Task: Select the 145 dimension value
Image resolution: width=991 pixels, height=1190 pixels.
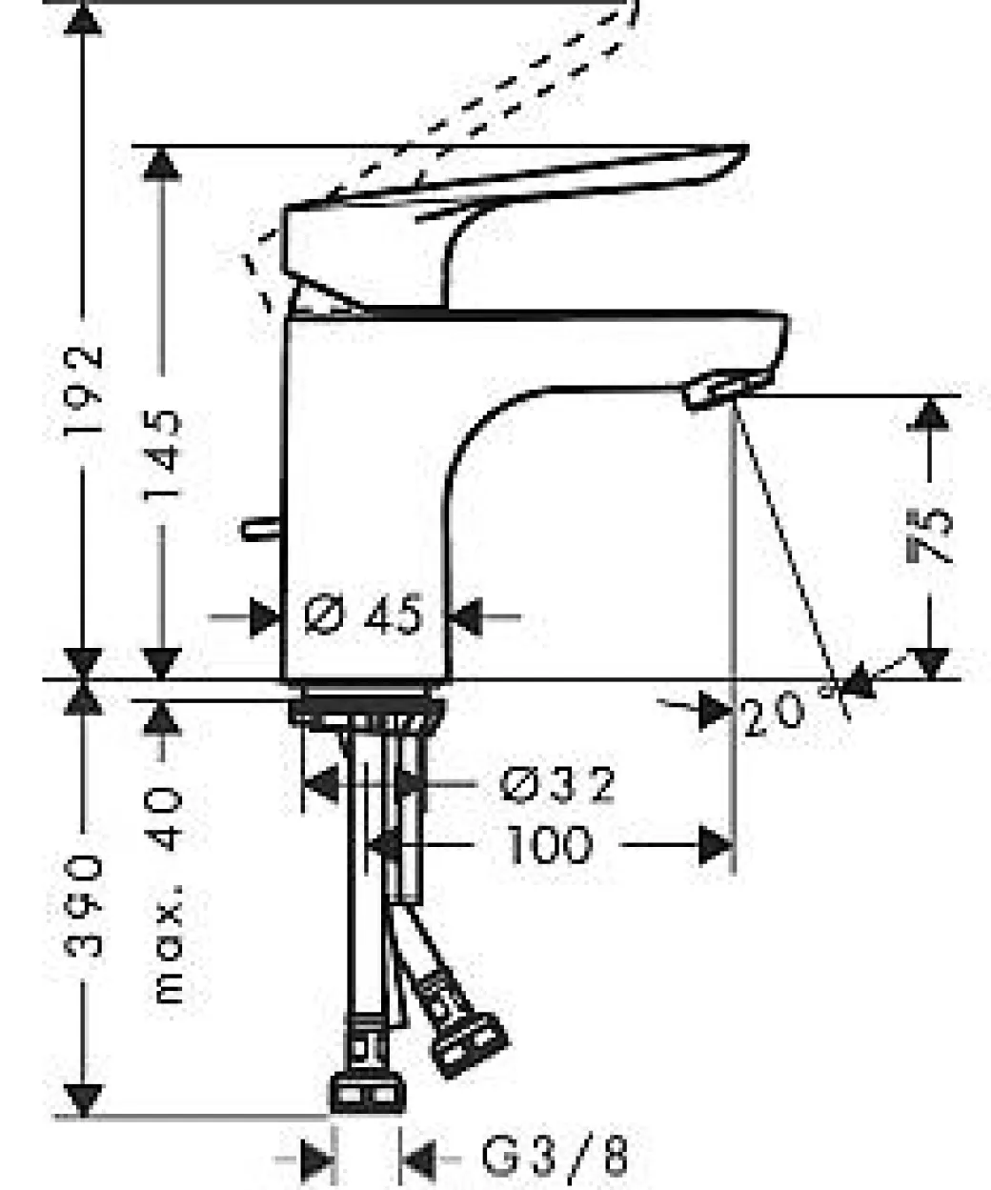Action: pyautogui.click(x=163, y=454)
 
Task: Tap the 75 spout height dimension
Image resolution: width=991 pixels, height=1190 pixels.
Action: pyautogui.click(x=930, y=536)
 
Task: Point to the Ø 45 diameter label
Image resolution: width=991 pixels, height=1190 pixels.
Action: pyautogui.click(x=363, y=615)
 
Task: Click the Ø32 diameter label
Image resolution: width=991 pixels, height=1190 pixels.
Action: pyautogui.click(x=556, y=784)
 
